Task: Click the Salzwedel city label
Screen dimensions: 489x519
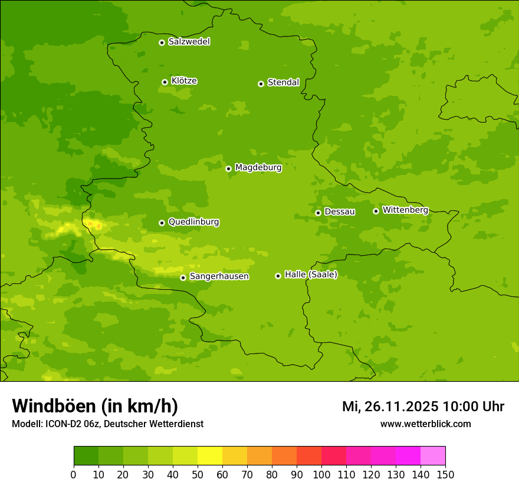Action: click(x=189, y=42)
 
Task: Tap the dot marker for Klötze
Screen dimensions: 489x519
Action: click(x=165, y=82)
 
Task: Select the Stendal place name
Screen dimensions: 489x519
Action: click(x=283, y=82)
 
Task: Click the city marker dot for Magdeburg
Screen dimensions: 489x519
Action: click(x=228, y=168)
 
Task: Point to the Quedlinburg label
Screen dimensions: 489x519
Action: click(x=193, y=222)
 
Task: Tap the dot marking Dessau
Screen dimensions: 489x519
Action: click(x=318, y=213)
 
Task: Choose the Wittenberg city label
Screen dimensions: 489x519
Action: click(x=405, y=210)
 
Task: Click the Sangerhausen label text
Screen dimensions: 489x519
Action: click(x=219, y=276)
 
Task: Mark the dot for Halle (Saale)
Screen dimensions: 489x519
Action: click(x=278, y=276)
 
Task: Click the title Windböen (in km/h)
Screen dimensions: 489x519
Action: click(x=95, y=406)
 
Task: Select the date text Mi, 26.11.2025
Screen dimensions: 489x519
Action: click(x=390, y=407)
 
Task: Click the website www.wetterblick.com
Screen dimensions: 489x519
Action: click(x=425, y=424)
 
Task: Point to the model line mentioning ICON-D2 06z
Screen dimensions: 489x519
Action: click(x=107, y=424)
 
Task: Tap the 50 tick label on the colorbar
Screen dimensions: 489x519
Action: click(x=198, y=474)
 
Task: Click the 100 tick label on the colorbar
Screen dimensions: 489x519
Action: click(x=321, y=474)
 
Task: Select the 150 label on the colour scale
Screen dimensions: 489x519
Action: click(x=445, y=474)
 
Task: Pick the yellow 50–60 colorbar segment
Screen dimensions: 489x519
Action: click(x=210, y=456)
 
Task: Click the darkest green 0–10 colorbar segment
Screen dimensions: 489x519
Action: click(x=86, y=456)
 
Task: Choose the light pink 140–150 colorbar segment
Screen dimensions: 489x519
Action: click(x=433, y=456)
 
